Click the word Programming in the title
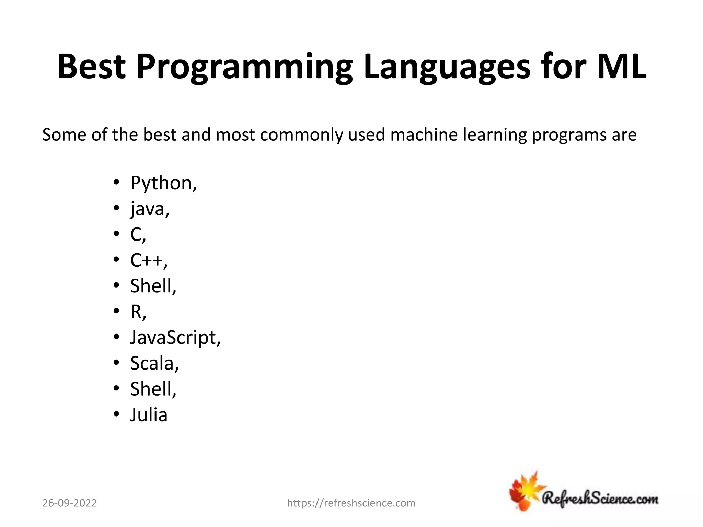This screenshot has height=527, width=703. tap(244, 67)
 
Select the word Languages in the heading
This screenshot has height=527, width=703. tap(447, 67)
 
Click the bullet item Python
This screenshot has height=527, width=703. tap(163, 183)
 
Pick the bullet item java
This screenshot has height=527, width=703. tap(150, 209)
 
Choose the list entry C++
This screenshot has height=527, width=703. tap(148, 260)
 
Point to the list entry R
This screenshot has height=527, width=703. tap(138, 312)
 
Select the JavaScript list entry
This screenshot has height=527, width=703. tap(175, 338)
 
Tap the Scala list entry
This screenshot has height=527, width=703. tap(154, 363)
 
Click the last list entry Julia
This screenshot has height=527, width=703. tap(149, 415)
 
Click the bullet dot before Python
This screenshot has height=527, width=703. tap(116, 183)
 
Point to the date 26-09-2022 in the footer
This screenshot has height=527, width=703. tap(70, 503)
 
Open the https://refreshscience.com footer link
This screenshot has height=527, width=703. tap(351, 503)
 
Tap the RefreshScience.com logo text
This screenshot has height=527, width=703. tap(600, 498)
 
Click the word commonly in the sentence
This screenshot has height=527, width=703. tap(301, 135)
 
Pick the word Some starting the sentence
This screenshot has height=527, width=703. tap(64, 134)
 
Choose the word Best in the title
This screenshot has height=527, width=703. tap(92, 67)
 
